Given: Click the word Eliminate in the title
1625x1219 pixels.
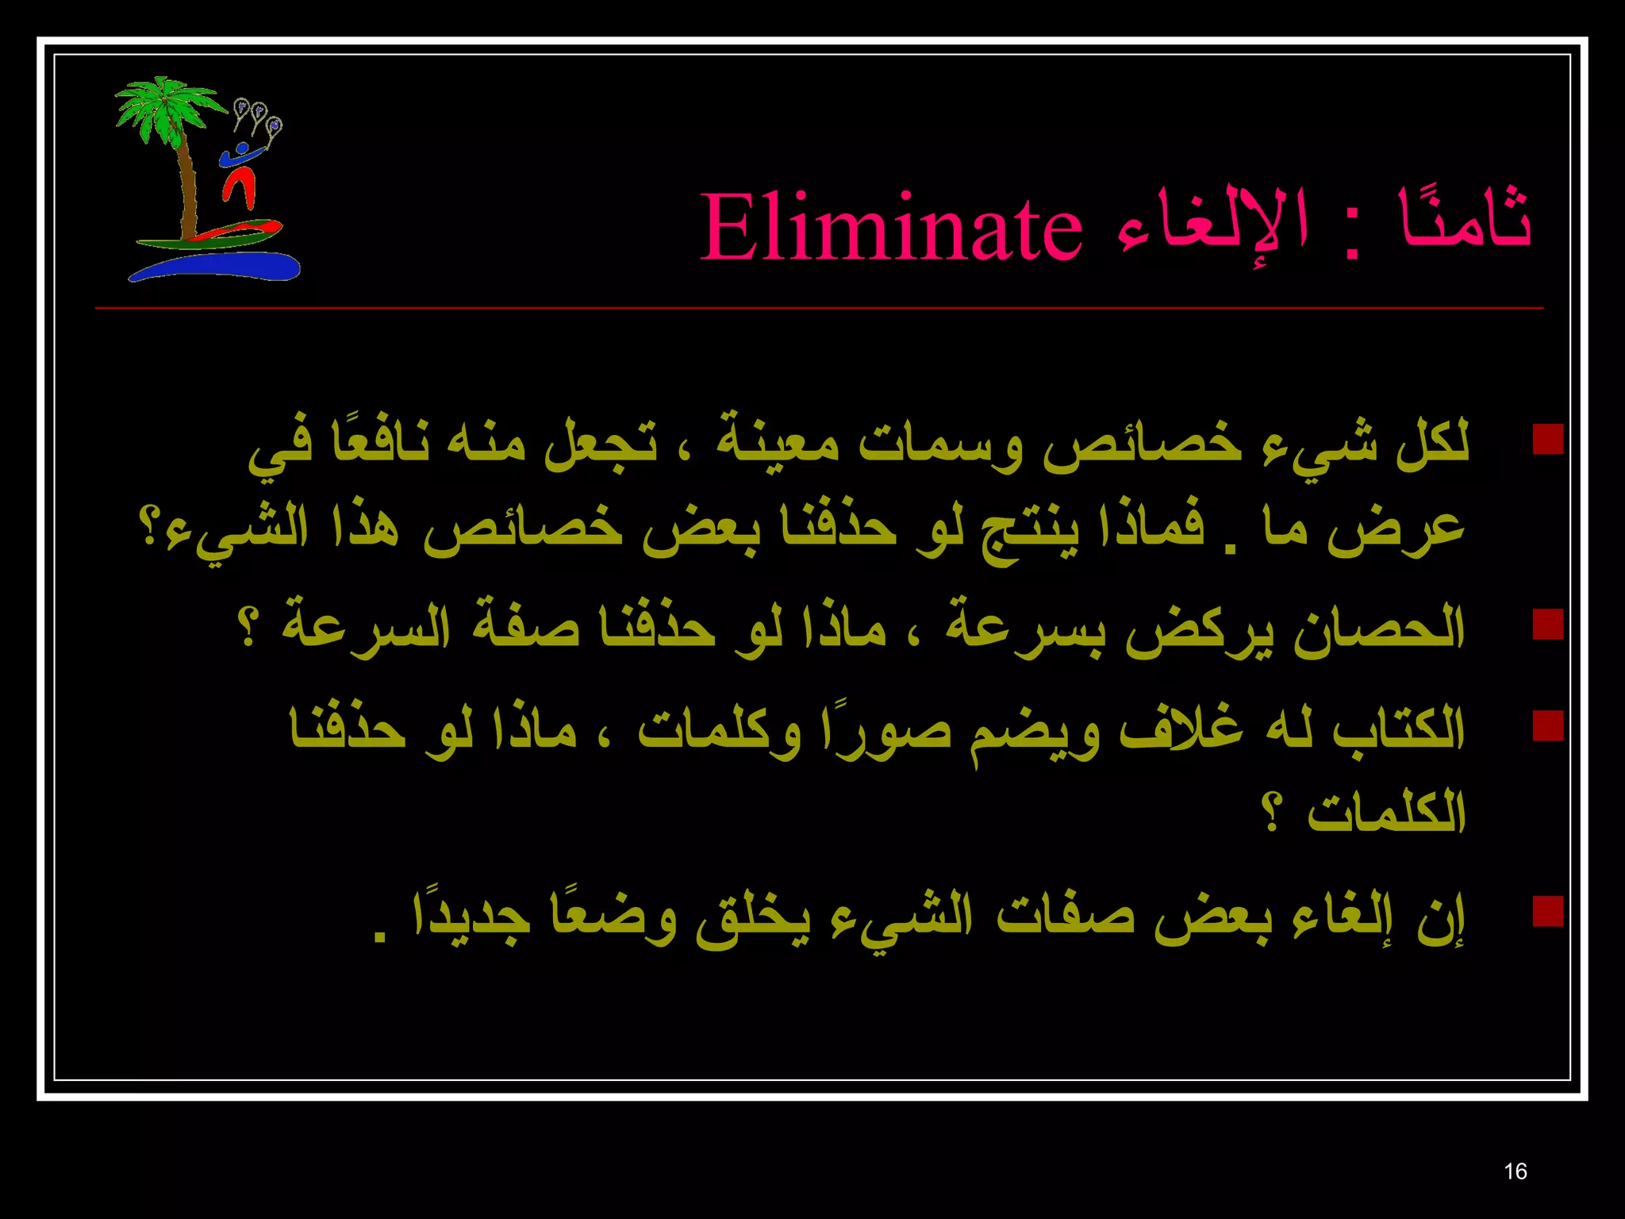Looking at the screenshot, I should tap(890, 229).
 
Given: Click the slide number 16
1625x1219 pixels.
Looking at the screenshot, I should tap(1515, 1171).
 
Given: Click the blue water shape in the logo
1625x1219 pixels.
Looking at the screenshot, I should tap(214, 267).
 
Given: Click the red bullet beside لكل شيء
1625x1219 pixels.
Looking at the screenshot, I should tap(1547, 438).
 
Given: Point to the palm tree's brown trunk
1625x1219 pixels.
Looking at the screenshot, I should tap(189, 190).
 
